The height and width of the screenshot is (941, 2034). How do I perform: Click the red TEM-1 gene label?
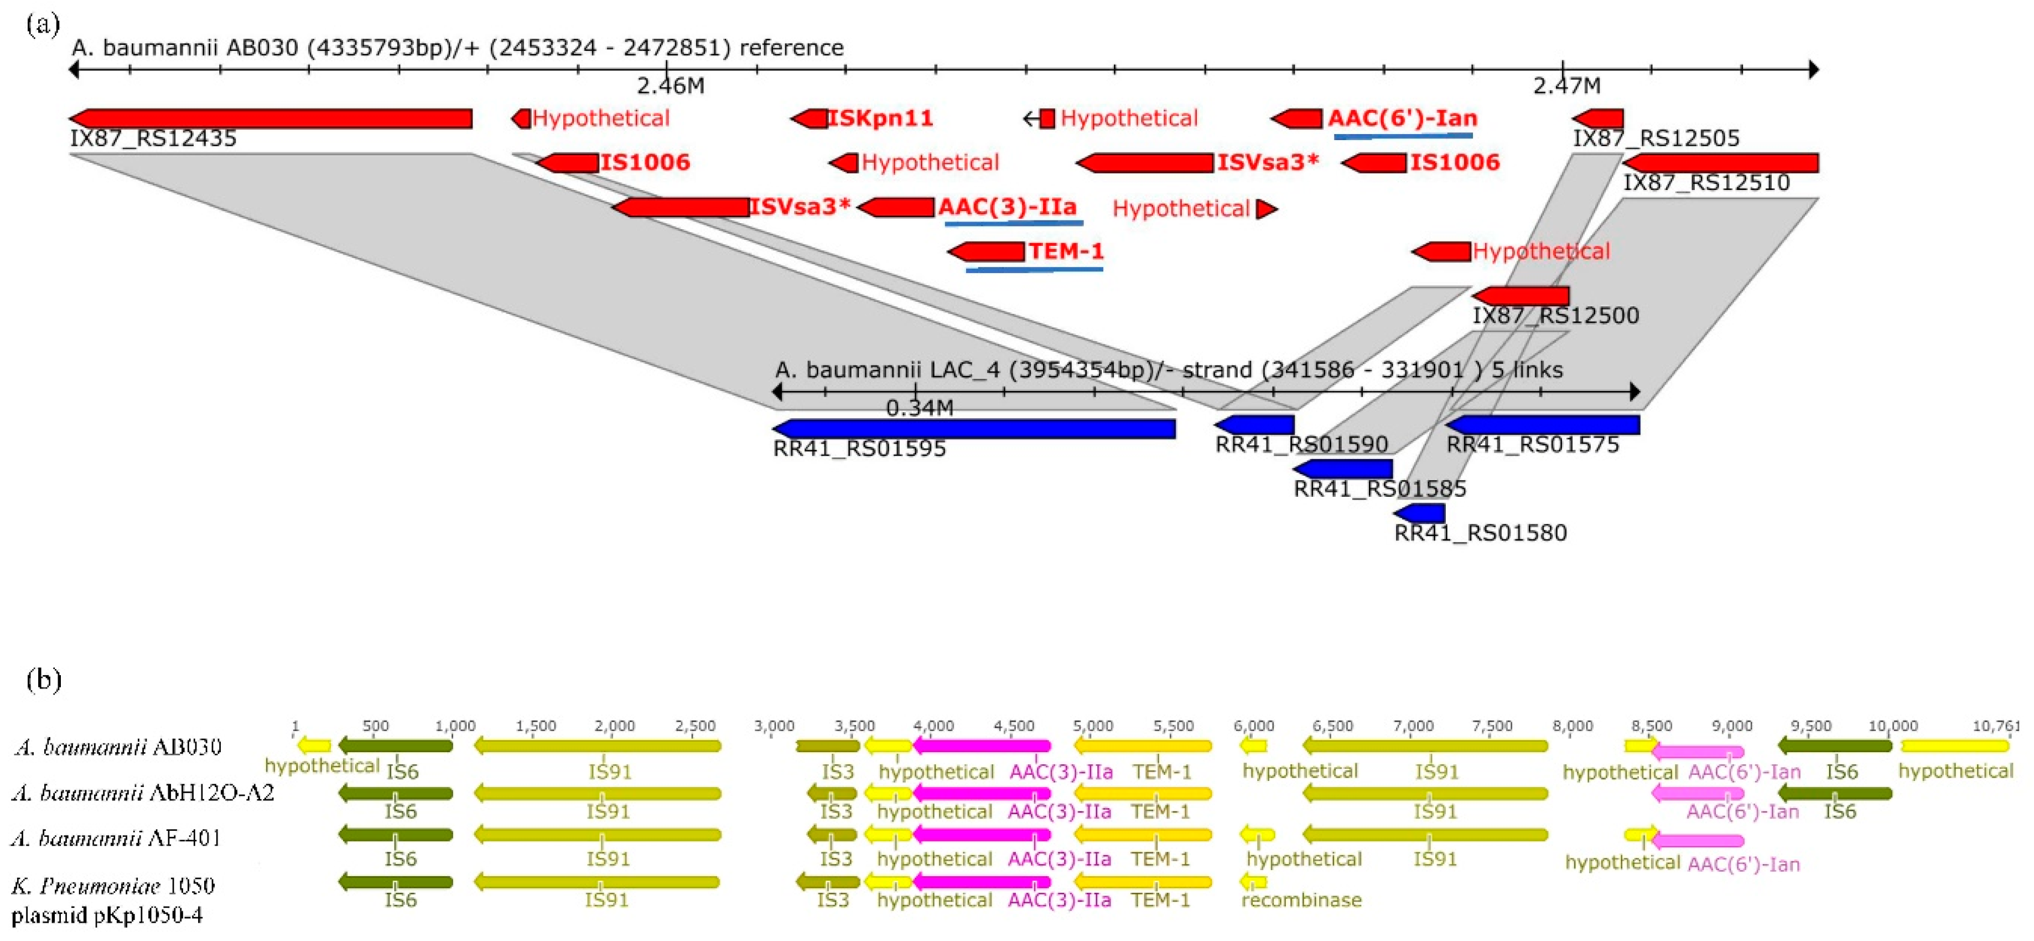click(1065, 251)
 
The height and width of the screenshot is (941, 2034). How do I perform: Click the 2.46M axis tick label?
click(671, 85)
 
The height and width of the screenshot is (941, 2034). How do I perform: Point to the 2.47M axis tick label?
click(1566, 85)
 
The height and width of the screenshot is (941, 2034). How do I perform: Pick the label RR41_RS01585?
click(1379, 489)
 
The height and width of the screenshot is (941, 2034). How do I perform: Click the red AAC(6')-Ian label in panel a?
click(1402, 119)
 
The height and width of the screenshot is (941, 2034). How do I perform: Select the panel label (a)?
click(43, 24)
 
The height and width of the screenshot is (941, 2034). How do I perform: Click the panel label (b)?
click(43, 680)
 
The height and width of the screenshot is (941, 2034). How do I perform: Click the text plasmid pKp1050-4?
click(107, 915)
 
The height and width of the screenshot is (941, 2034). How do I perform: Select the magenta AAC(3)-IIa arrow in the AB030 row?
click(982, 745)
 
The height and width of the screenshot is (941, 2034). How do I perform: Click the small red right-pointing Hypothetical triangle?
click(1266, 209)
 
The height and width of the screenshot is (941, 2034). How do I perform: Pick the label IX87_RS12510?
click(1705, 183)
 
